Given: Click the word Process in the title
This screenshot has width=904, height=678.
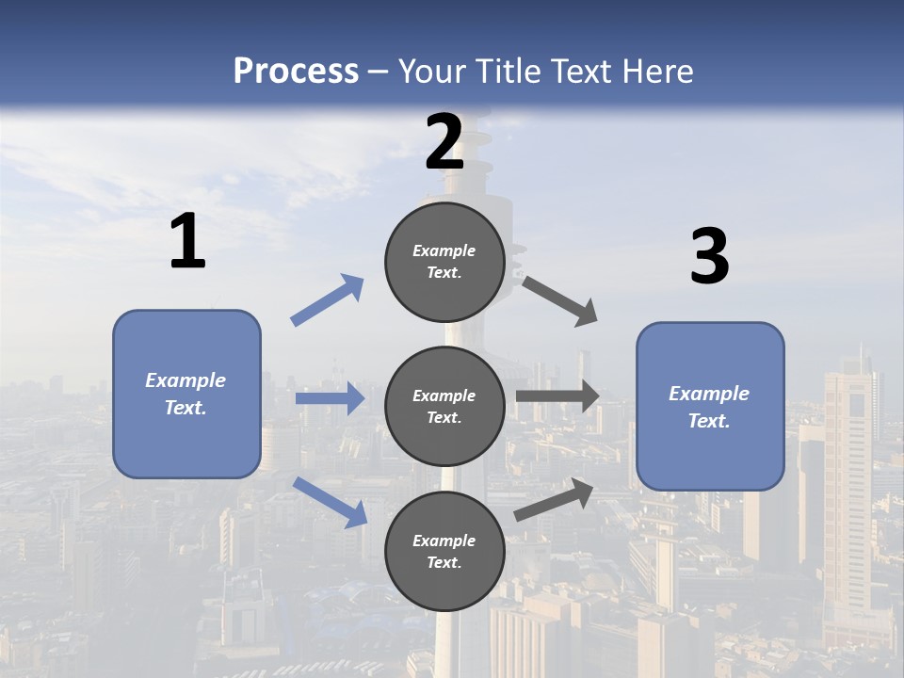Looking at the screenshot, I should coord(296,71).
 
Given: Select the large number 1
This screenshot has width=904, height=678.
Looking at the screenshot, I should coord(187,242).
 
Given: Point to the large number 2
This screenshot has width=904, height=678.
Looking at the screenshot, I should coord(444,142).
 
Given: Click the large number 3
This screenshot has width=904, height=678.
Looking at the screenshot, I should coord(709,257).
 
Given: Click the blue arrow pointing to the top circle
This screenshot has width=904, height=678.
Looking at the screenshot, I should coord(328,300).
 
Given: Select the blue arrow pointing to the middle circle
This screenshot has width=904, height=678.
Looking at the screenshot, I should coord(330,399).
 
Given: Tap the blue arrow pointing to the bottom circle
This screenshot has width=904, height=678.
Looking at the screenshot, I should coord(330,502).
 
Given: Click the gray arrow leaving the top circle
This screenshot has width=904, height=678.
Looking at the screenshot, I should coord(560,301).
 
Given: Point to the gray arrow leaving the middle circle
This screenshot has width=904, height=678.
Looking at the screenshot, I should coord(557,396).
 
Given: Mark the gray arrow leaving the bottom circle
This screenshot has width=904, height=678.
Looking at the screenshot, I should coord(554,500).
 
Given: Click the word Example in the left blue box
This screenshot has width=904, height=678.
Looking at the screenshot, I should coord(186,380).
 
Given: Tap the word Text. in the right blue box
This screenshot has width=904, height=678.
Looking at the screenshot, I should coord(709,421).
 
